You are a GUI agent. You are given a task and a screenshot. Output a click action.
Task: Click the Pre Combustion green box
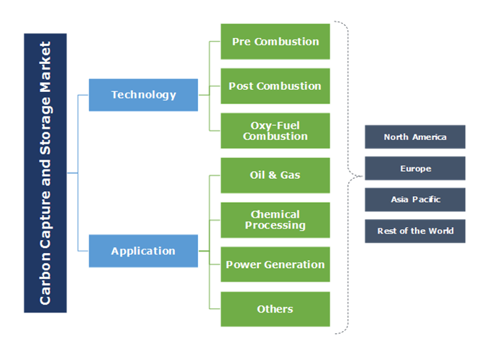(x=275, y=42)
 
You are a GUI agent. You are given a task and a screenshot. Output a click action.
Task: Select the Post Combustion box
(x=275, y=86)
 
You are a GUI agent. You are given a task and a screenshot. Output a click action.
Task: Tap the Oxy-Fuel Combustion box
(x=275, y=131)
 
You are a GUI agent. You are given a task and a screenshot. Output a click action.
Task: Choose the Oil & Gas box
(x=275, y=175)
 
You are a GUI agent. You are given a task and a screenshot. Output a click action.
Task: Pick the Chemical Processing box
(x=275, y=220)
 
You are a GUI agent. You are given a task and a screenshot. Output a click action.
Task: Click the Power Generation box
(x=275, y=264)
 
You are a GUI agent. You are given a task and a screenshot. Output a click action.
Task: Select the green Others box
(x=275, y=309)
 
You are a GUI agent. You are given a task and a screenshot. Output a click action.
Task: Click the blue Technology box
(x=143, y=95)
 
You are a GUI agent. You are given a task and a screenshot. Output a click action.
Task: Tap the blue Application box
(x=143, y=251)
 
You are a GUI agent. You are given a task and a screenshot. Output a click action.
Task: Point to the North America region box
(x=415, y=137)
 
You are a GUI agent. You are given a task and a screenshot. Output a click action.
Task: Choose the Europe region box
(x=415, y=168)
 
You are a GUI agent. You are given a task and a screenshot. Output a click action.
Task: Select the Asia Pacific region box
(x=415, y=200)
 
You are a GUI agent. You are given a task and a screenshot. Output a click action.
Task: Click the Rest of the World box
(x=415, y=231)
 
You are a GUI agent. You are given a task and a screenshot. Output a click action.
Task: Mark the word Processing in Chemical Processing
(x=275, y=226)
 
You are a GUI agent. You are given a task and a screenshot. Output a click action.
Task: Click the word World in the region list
(x=440, y=231)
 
